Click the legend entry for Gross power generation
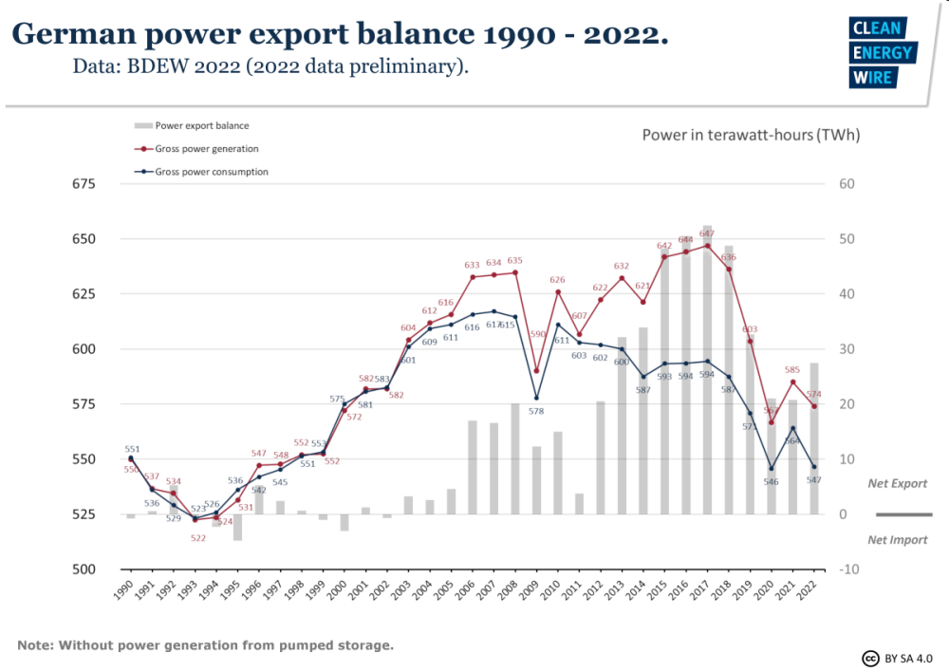click(207, 149)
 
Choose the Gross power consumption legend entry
click(211, 172)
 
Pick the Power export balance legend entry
click(201, 125)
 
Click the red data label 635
click(514, 261)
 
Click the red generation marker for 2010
click(557, 292)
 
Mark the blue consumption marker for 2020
click(772, 468)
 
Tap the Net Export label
click(897, 484)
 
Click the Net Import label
click(897, 539)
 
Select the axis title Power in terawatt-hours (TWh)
click(751, 135)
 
